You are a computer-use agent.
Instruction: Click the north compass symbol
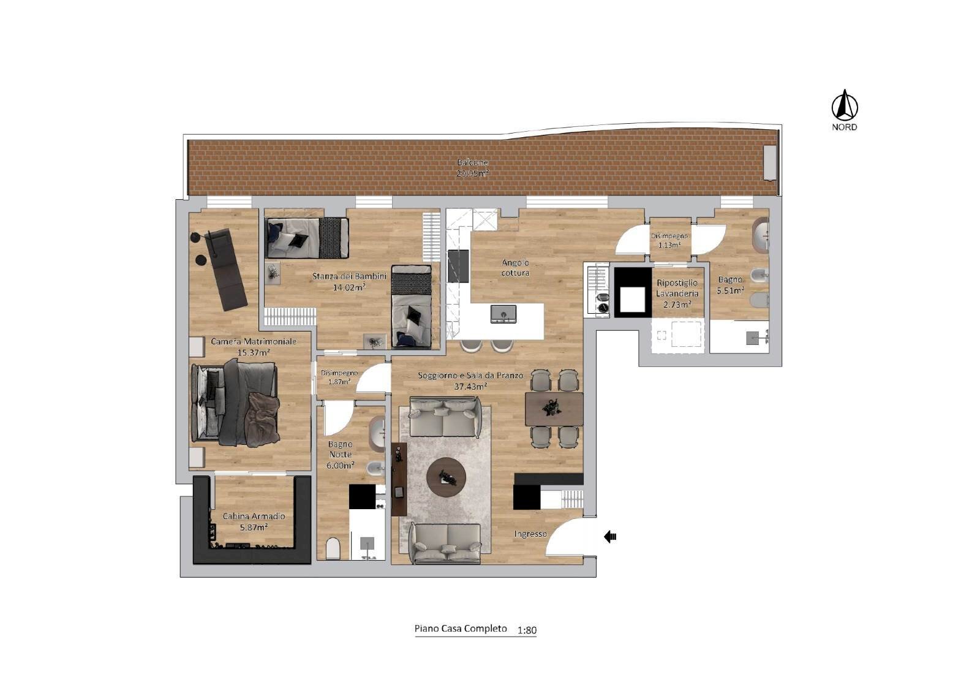844,105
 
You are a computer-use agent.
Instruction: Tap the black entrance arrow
610,537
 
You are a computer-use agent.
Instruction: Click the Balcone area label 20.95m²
472,173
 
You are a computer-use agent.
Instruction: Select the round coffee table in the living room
446,477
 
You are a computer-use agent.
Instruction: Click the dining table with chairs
554,409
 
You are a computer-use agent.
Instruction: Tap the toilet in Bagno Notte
333,548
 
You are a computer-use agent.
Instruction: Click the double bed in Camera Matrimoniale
235,403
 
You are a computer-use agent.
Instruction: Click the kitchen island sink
503,314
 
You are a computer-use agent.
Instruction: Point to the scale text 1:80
527,630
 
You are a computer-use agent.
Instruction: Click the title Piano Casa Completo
461,629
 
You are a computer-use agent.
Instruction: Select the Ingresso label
530,534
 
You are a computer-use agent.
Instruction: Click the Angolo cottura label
515,268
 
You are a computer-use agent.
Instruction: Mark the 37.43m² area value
470,387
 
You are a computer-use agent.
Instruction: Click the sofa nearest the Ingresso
445,543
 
